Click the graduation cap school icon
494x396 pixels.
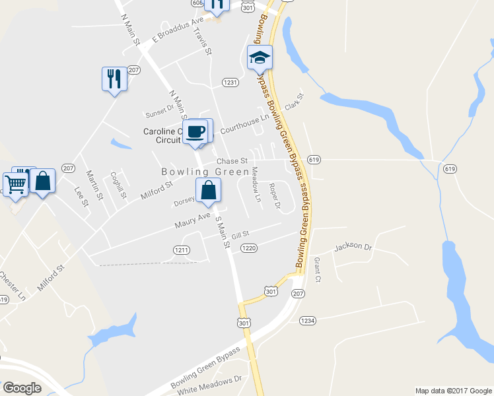click(x=260, y=58)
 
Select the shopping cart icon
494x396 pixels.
click(x=16, y=183)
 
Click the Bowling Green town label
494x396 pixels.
click(x=205, y=172)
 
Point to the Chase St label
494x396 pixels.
click(x=233, y=161)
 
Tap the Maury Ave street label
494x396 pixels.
click(x=192, y=220)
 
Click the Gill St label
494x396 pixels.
click(x=240, y=234)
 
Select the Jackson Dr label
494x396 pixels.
click(x=353, y=246)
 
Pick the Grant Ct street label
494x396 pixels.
click(x=317, y=270)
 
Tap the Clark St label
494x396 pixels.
click(x=293, y=102)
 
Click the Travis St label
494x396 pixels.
click(x=203, y=41)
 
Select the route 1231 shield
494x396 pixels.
click(x=230, y=82)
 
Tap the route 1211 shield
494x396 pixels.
click(x=182, y=249)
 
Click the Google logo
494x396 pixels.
click(x=22, y=387)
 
